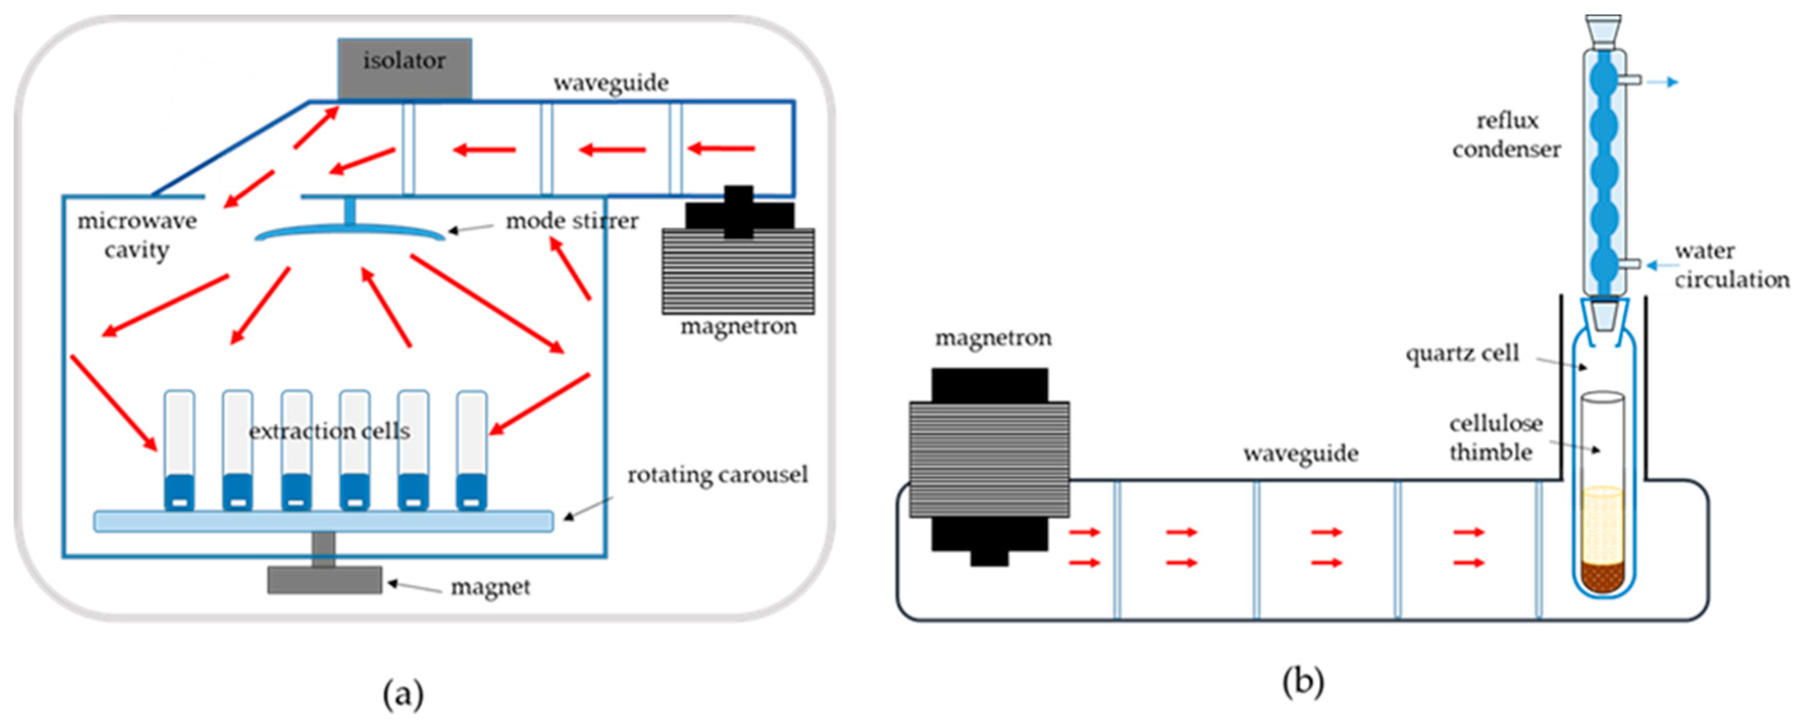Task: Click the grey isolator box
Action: [404, 69]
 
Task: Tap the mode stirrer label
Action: [572, 221]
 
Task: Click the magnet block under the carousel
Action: [325, 580]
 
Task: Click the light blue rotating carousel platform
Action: [323, 521]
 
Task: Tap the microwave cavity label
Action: [137, 236]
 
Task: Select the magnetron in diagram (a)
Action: [739, 250]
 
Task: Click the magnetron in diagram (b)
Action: [990, 466]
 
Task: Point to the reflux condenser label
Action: [1506, 135]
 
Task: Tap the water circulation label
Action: [1732, 265]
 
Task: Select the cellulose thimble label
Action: [1495, 438]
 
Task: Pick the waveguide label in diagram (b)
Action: [1300, 454]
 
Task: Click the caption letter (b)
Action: [1303, 681]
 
